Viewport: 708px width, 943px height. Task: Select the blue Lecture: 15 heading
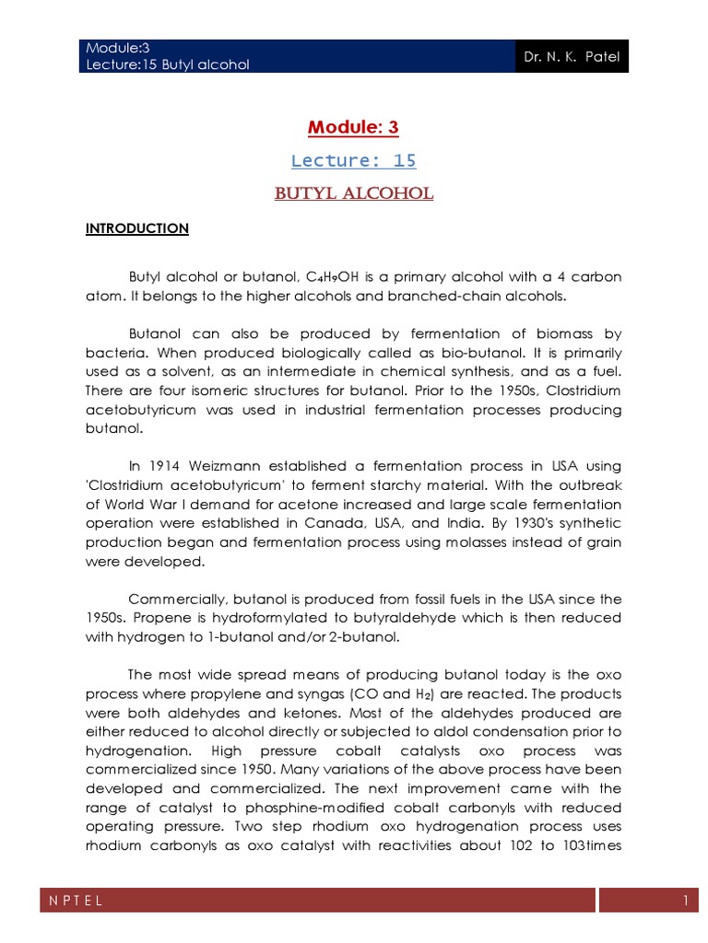(353, 160)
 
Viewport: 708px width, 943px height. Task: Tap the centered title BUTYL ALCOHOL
(353, 194)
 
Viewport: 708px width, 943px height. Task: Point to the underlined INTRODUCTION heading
(137, 228)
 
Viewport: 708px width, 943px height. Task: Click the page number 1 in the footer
(686, 902)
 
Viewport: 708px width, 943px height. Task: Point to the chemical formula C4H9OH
(363, 277)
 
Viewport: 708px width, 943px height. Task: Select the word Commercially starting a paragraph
(175, 598)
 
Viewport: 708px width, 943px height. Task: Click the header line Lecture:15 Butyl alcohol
(167, 64)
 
